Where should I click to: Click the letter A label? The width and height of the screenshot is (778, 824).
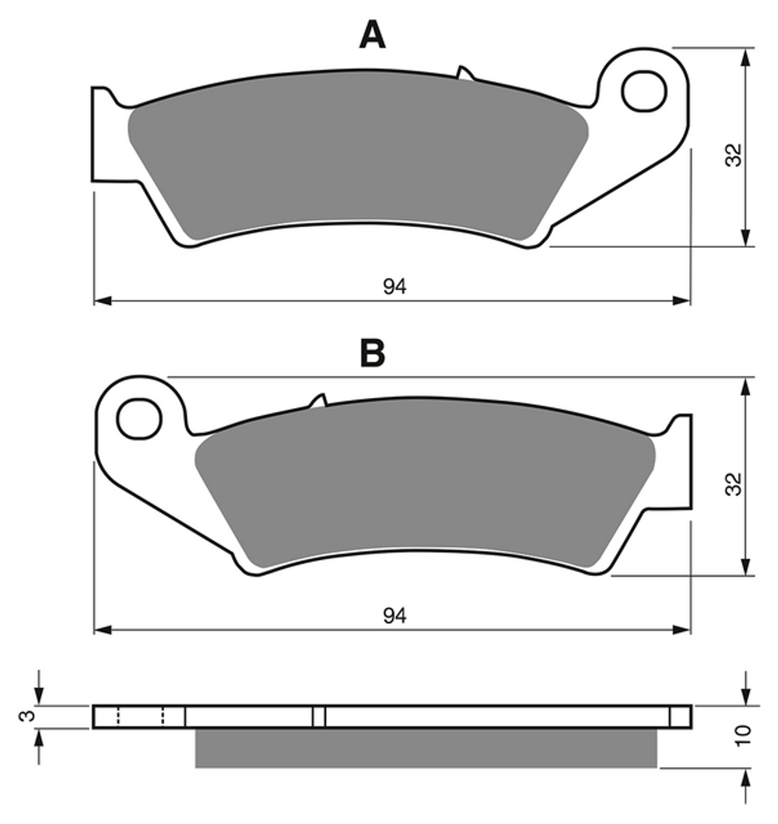click(372, 35)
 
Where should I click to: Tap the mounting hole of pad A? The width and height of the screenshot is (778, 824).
click(644, 91)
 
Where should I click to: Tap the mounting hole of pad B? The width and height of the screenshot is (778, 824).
click(138, 419)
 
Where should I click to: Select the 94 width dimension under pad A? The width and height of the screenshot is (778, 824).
click(394, 287)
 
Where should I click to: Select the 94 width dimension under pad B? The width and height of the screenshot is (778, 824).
click(394, 616)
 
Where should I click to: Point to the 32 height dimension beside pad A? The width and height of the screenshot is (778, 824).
click(734, 155)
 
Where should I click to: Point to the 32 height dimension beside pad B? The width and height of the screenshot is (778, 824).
click(734, 484)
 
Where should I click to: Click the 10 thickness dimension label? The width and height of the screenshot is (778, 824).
click(743, 735)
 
